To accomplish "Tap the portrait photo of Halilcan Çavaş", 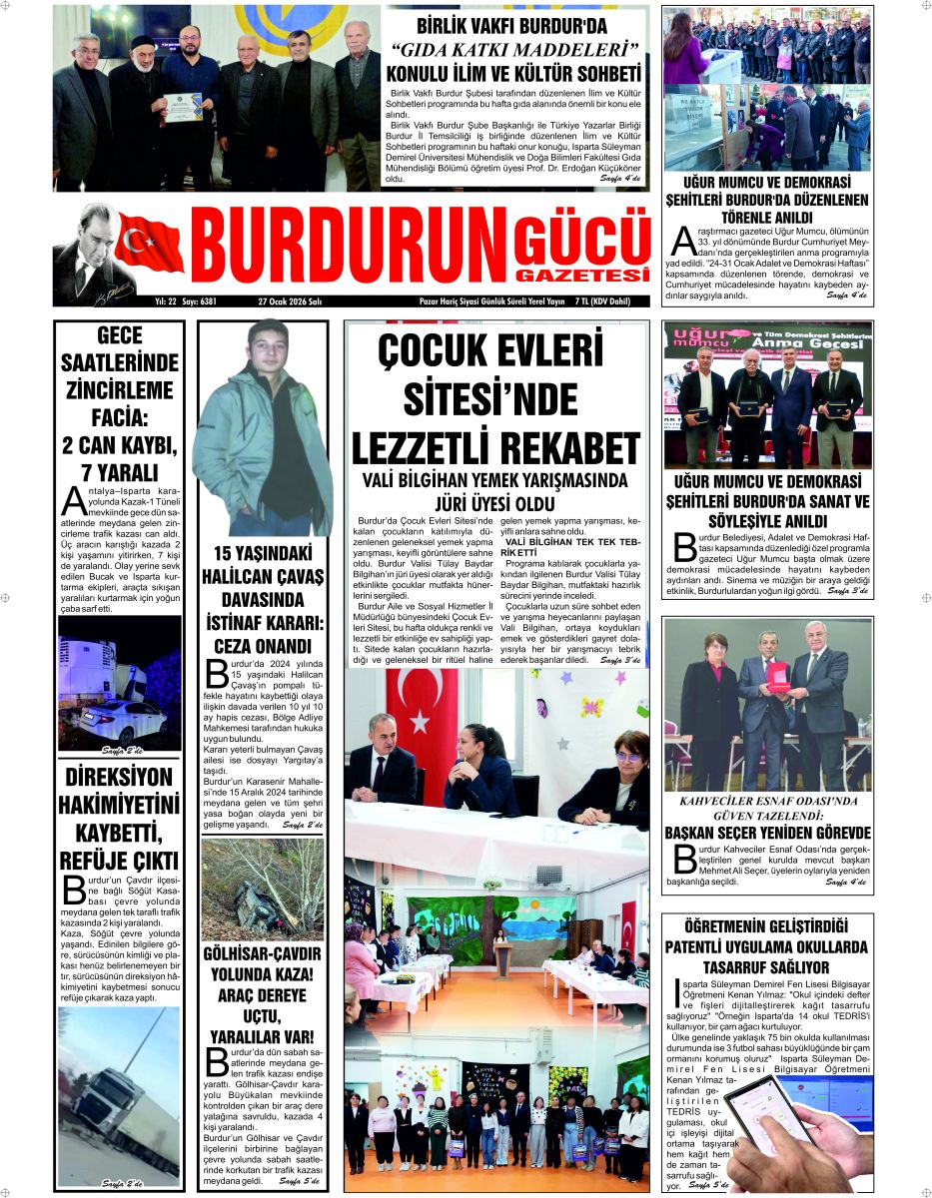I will (263, 429).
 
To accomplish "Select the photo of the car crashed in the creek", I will (262, 889).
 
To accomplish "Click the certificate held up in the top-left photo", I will (183, 105).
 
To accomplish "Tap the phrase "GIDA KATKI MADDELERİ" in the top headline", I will (513, 51).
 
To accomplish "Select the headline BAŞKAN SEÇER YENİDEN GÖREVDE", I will (767, 832).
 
